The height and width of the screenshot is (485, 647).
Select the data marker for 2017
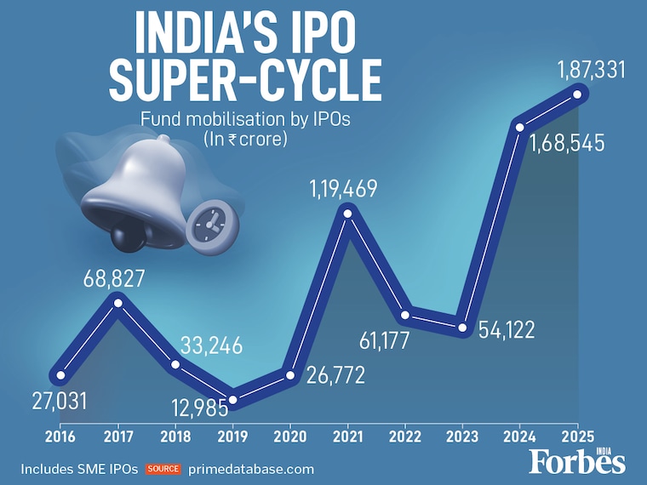point(118,302)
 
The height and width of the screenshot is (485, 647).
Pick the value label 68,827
point(113,278)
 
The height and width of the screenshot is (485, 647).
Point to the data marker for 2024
point(520,126)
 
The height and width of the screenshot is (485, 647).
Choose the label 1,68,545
point(566,143)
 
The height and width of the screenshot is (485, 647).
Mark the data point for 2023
point(462,328)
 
